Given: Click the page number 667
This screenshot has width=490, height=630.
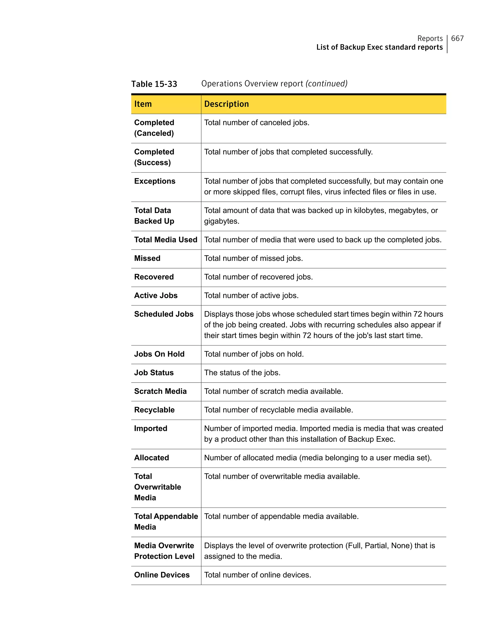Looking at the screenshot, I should [457, 38].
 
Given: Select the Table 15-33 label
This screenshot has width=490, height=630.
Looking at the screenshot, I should [154, 84].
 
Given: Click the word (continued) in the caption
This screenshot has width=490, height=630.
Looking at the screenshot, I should [327, 84].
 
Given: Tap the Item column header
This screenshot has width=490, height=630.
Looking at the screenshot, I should [143, 104].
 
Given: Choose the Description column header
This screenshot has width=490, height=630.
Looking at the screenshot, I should [226, 104].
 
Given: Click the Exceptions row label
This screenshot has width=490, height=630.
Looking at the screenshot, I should [155, 181].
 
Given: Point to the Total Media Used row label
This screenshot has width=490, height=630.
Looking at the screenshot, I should [166, 240].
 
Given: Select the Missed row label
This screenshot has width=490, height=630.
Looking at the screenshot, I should [147, 258].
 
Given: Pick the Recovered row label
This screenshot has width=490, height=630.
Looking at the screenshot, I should [154, 277].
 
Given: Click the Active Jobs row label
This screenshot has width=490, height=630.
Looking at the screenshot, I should [156, 296].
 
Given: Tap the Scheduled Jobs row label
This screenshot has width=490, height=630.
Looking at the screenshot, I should [164, 314].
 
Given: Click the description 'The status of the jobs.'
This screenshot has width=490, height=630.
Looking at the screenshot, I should [242, 373].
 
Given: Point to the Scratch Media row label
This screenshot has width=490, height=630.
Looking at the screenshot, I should [160, 391].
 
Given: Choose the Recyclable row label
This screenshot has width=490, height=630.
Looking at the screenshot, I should [154, 410].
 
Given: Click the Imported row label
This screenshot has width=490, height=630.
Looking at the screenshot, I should [150, 429].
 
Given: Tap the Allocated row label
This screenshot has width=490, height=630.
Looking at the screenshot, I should [151, 458].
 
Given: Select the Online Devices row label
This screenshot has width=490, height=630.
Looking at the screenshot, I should [162, 575].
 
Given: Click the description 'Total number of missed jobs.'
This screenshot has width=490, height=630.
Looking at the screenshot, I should [254, 258].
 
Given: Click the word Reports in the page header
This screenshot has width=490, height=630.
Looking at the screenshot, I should [430, 38].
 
